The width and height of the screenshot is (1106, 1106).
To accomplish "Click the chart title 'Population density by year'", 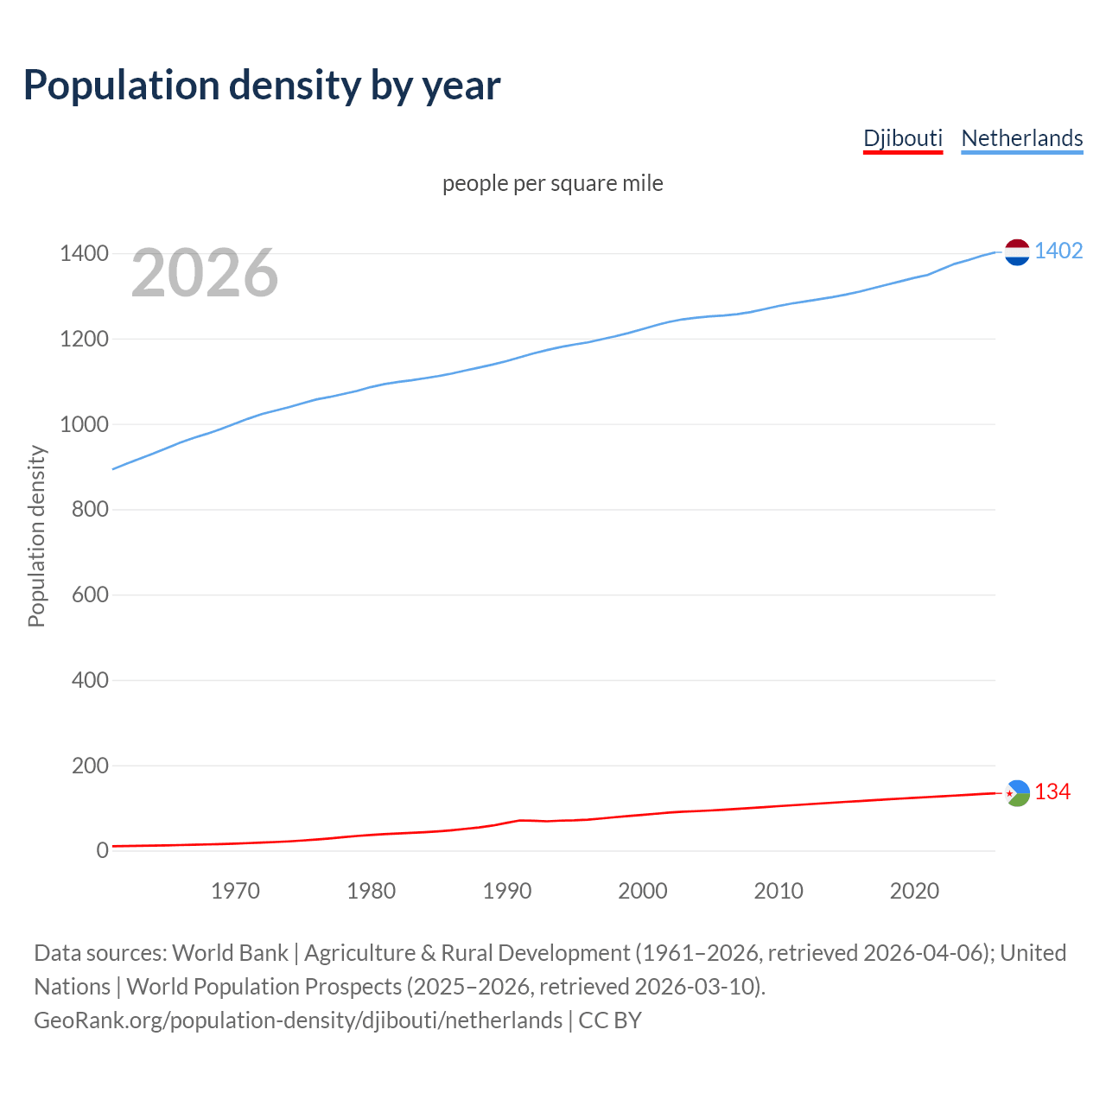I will [262, 86].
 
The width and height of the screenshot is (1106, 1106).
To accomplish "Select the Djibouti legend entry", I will [903, 138].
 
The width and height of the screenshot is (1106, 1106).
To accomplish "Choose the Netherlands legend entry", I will [1021, 138].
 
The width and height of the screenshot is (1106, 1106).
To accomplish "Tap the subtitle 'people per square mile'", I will [553, 184].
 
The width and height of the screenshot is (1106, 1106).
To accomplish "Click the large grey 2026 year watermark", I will [205, 273].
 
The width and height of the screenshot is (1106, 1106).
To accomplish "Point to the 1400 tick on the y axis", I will [84, 254].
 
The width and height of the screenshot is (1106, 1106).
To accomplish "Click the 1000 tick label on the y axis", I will [84, 424].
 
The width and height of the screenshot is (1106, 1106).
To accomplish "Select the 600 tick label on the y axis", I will [90, 594].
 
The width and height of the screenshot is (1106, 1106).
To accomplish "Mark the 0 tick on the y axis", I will [103, 851].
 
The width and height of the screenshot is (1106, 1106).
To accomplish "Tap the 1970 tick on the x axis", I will [235, 891].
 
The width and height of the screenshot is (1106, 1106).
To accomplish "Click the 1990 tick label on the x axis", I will [507, 891].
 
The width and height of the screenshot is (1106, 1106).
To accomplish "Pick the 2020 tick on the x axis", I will [914, 891].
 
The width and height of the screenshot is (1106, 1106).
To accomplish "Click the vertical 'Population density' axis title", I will [36, 536].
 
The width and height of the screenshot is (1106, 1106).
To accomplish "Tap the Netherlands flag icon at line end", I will [1017, 252].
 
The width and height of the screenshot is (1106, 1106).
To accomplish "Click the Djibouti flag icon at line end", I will [1017, 792].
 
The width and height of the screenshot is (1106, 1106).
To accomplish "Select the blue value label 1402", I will [1058, 251].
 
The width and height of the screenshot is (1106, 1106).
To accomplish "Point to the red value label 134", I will [1052, 792].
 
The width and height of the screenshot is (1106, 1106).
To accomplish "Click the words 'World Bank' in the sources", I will [230, 953].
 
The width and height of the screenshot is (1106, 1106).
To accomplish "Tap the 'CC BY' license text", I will [610, 1020].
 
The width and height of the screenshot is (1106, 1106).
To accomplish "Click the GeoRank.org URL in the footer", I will [298, 1020].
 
